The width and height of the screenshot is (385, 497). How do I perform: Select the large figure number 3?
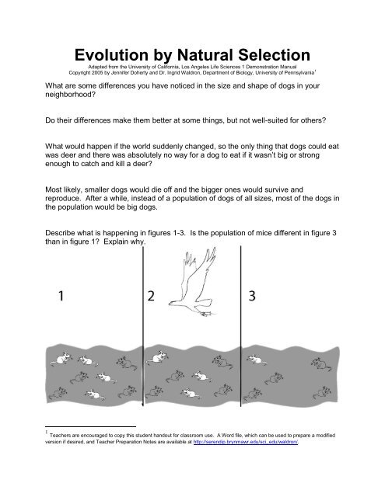tap(252, 296)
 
